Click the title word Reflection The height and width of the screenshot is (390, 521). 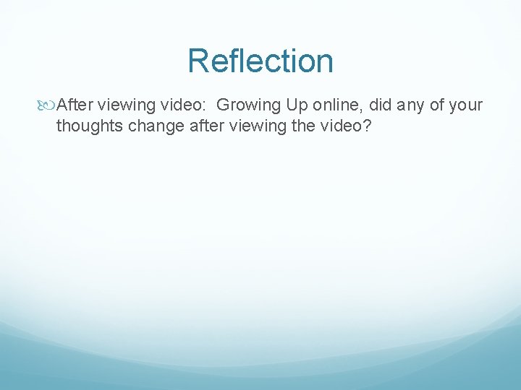click(x=260, y=61)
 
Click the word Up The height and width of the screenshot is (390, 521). click(x=297, y=105)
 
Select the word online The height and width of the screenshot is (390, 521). click(x=339, y=105)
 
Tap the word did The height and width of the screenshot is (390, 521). click(x=384, y=105)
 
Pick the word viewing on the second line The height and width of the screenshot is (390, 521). click(x=254, y=126)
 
